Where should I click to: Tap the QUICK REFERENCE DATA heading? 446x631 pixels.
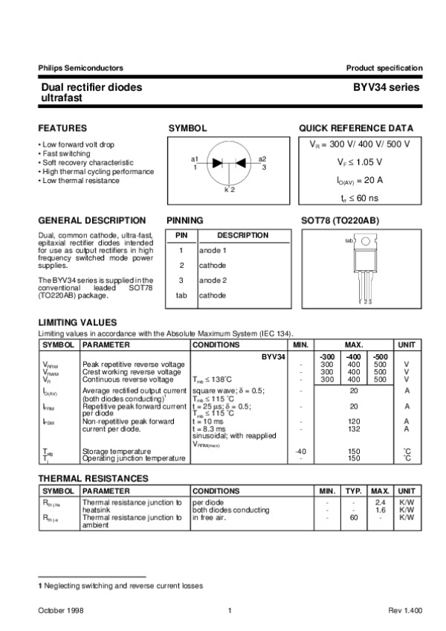pos(356,128)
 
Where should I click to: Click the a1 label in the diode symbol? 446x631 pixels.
pos(195,159)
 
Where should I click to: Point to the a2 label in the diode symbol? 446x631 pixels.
pos(262,159)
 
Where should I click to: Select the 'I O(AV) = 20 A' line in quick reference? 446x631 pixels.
pos(360,180)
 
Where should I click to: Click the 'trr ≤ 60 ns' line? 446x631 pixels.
pos(360,198)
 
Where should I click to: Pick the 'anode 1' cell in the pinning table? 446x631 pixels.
pos(213,251)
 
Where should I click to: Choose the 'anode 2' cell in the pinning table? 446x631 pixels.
pos(213,280)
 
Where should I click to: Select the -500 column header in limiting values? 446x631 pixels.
pos(380,357)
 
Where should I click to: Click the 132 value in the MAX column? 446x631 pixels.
pos(354,429)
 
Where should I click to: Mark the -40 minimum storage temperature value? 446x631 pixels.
pos(300,451)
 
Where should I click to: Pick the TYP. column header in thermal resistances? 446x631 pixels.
pos(354,491)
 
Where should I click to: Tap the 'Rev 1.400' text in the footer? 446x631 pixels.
pos(405,610)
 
